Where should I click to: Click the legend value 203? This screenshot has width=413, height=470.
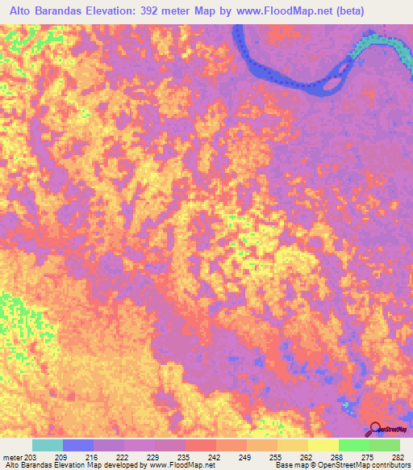(x=29, y=456)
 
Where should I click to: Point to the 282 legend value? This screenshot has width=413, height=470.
(x=395, y=456)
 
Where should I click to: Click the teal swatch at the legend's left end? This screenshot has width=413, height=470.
(x=48, y=445)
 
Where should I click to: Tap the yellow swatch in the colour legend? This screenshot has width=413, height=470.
(x=323, y=445)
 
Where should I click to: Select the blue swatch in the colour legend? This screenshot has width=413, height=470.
(x=78, y=445)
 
